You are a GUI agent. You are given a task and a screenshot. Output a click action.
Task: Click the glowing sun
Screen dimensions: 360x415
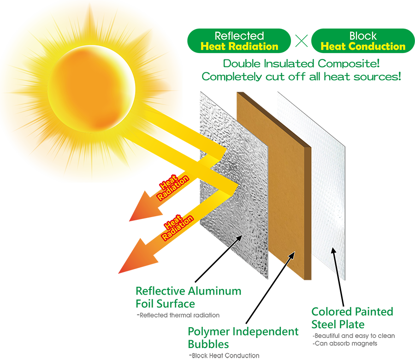click(x=91, y=87)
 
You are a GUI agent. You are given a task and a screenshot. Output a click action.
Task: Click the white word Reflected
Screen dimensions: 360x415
click(x=239, y=36)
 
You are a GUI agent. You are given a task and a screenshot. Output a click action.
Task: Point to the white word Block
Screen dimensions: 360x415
click(x=363, y=36)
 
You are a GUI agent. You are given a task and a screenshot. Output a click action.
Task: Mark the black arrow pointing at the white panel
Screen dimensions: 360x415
click(x=338, y=277)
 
